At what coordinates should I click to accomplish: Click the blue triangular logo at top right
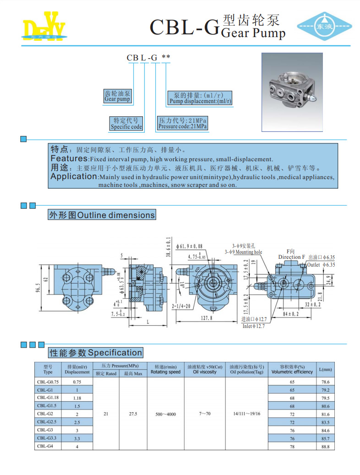point(324,26)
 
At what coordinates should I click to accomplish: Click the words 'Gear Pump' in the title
point(253,33)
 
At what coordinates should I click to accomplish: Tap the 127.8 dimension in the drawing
point(207,317)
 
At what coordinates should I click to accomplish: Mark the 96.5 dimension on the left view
point(39,290)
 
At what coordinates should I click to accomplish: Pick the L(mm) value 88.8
point(326,446)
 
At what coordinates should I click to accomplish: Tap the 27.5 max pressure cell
point(133,414)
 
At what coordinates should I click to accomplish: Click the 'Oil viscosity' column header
point(204,372)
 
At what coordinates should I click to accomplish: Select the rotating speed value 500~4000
point(165,414)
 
